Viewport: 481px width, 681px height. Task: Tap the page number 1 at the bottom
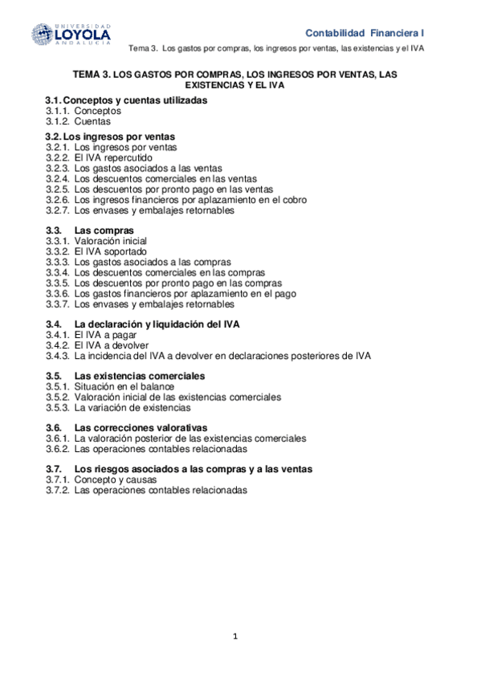coord(235,636)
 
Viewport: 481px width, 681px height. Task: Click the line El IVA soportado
coord(110,251)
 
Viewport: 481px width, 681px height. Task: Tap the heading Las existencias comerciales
coord(139,376)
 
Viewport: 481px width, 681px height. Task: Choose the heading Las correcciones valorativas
coord(141,427)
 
